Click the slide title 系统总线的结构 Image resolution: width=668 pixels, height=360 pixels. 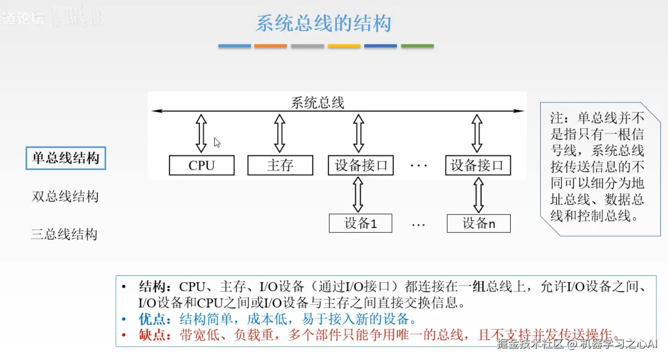(x=323, y=23)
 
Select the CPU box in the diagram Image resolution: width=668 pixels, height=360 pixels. (x=202, y=165)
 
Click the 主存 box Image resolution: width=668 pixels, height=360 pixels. (x=280, y=165)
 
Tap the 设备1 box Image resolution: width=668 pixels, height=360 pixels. (x=360, y=223)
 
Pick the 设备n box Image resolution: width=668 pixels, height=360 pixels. (x=478, y=223)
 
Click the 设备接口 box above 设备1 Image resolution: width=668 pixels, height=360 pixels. (x=361, y=165)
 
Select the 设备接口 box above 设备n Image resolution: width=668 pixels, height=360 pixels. (x=478, y=165)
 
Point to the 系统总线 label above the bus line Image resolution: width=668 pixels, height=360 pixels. (x=317, y=103)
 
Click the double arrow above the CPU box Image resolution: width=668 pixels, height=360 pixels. (x=202, y=133)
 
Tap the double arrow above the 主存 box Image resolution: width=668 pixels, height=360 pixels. (x=280, y=133)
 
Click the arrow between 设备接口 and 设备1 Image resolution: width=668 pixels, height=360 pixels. (x=358, y=194)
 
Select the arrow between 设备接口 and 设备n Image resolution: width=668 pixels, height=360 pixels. (x=478, y=194)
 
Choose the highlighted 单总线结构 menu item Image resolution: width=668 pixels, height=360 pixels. (x=65, y=159)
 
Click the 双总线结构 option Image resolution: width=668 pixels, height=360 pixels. (x=65, y=197)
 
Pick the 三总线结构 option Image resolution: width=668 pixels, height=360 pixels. (x=64, y=234)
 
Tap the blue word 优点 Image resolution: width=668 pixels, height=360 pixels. (x=152, y=319)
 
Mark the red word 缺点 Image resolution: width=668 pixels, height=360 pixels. (x=152, y=335)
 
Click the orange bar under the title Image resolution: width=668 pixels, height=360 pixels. (x=270, y=46)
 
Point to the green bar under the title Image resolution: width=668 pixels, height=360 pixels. (x=417, y=46)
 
